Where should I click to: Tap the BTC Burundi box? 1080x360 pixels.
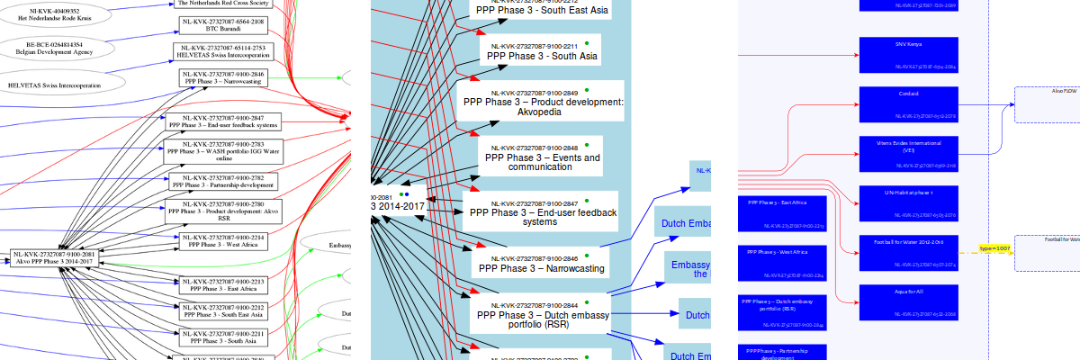222,24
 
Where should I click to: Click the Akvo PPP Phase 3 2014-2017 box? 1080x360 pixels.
55,258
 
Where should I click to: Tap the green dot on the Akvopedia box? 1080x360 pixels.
587,90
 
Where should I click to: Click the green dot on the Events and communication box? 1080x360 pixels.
587,145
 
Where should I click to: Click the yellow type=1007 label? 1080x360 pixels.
995,247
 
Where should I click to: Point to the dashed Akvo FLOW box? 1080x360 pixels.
1048,104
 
